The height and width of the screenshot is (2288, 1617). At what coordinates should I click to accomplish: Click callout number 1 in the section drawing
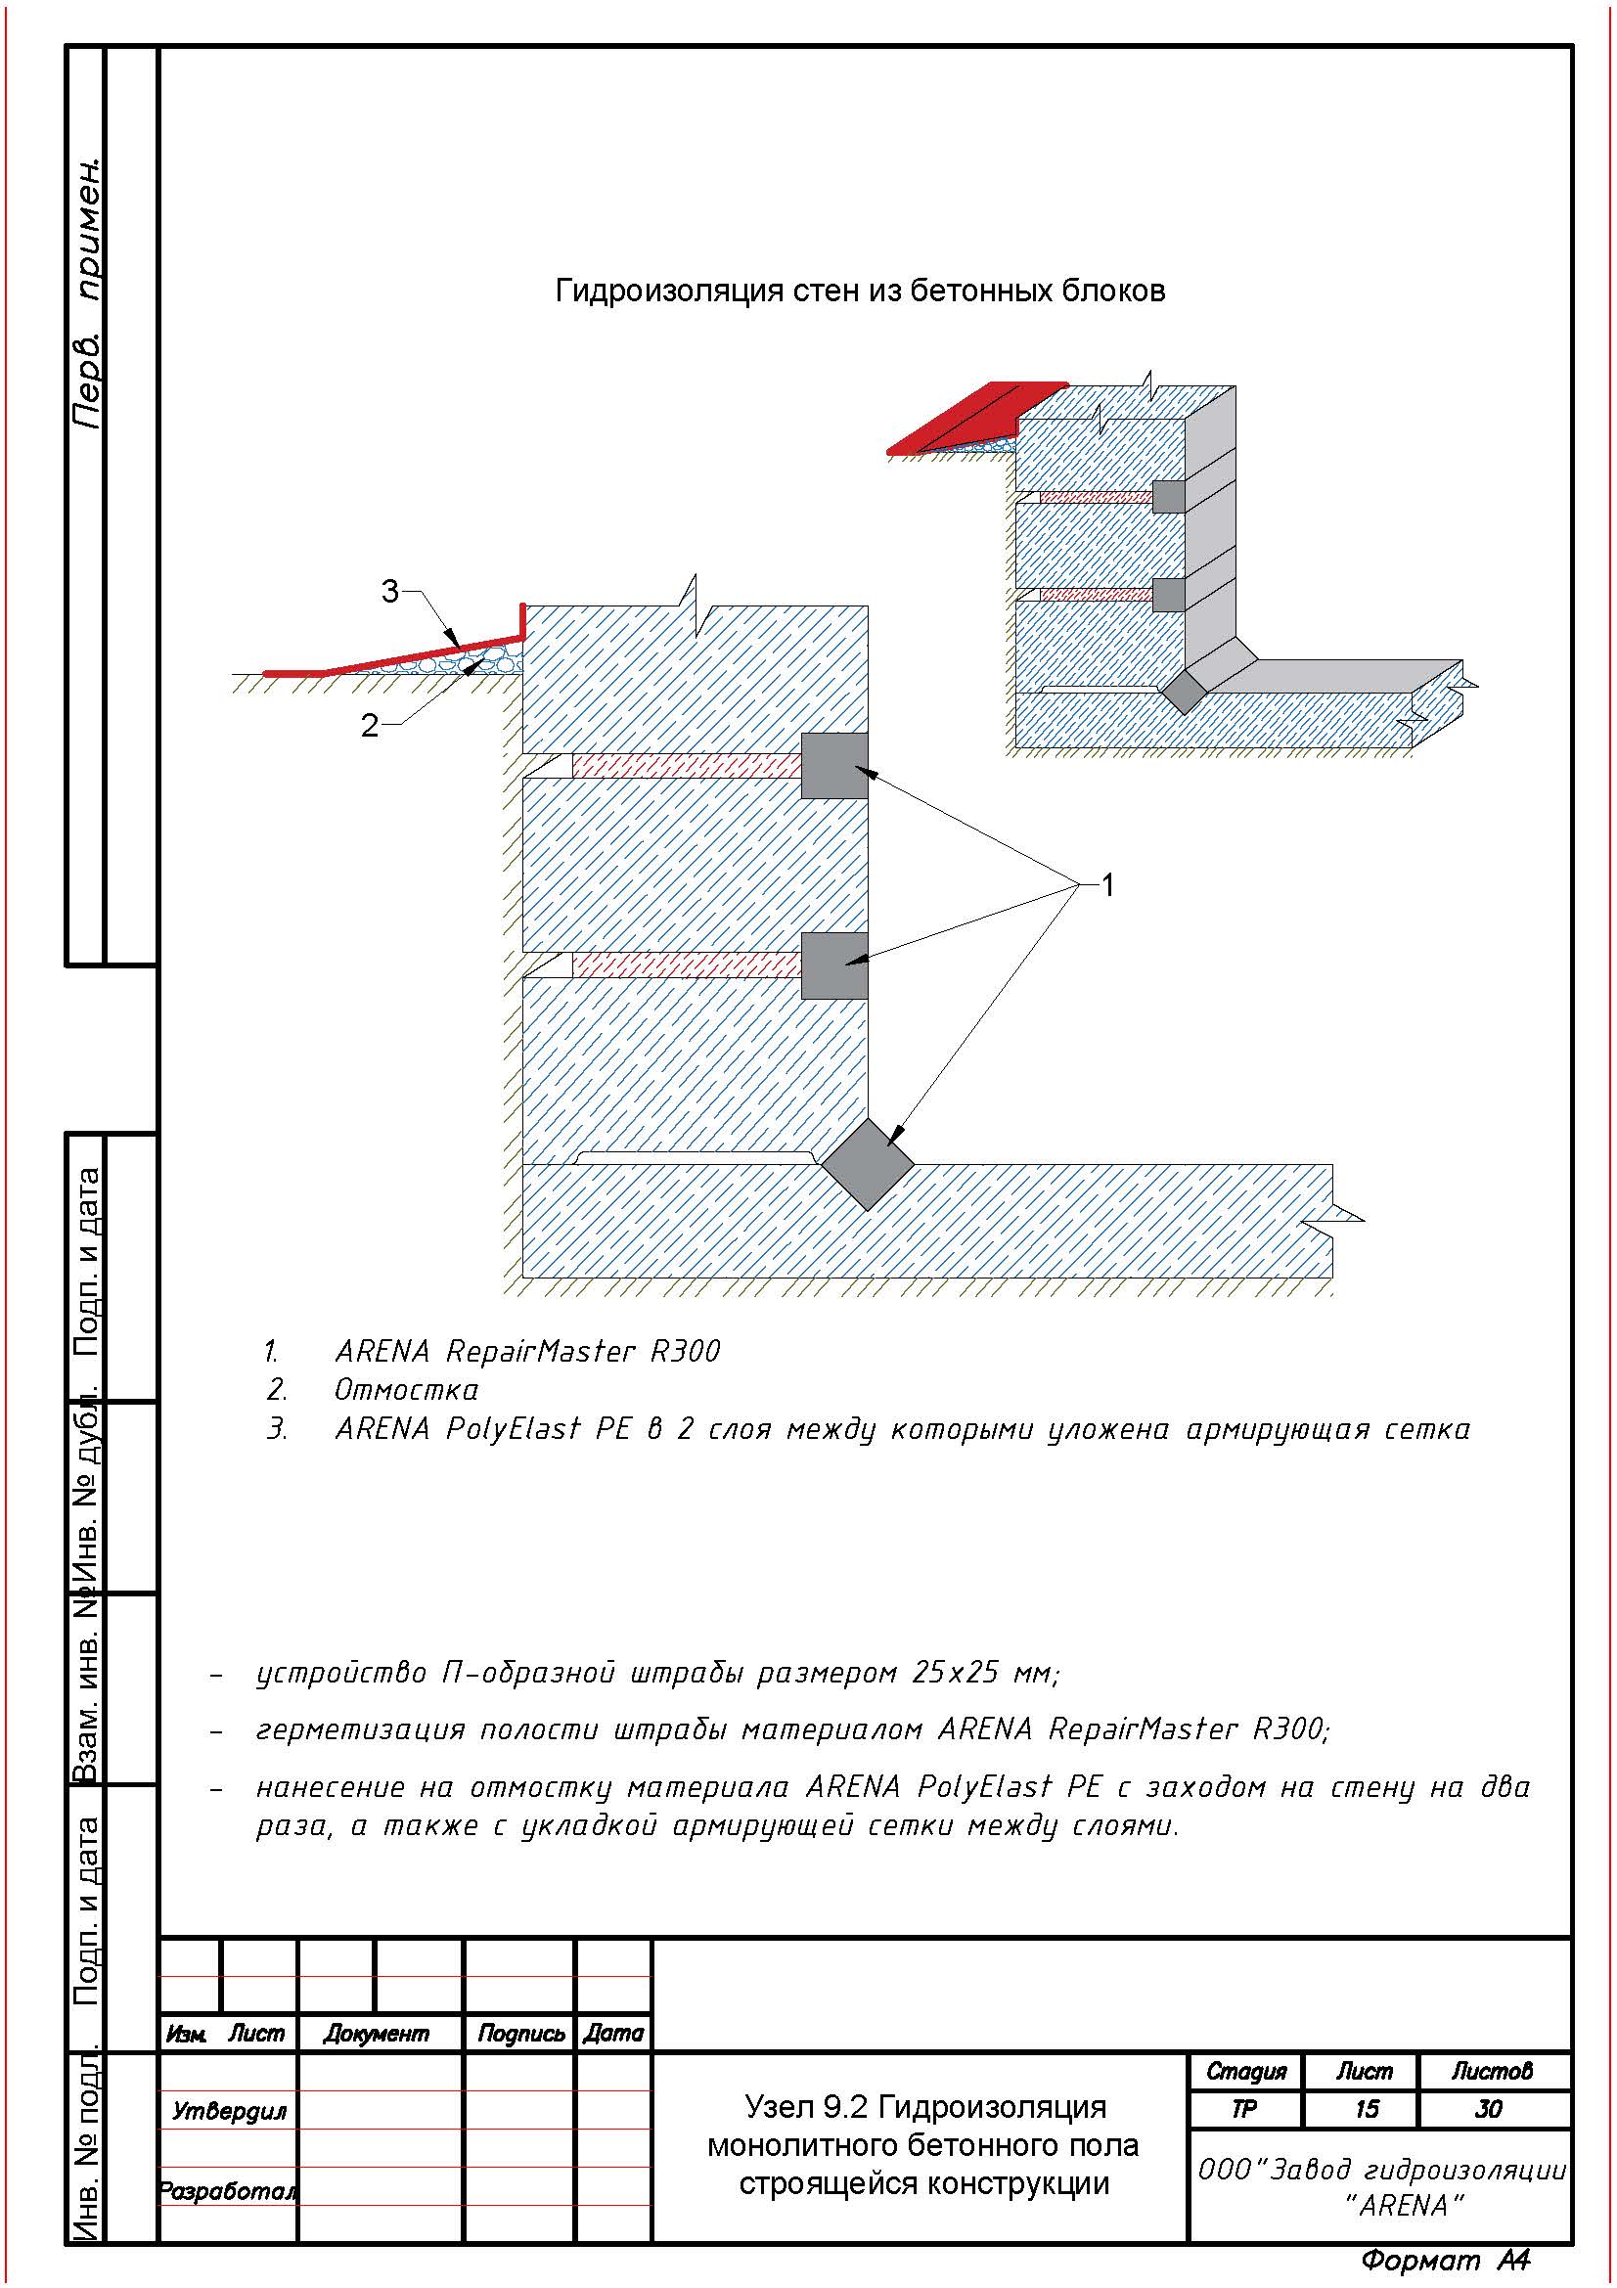pos(1106,885)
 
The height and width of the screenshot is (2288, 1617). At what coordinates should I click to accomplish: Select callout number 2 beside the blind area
pos(370,726)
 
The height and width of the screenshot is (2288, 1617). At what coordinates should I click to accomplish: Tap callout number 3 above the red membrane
pos(389,592)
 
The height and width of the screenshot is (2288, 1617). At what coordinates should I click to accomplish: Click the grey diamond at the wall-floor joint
pos(868,1164)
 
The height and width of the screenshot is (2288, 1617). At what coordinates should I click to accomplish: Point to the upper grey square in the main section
pos(834,765)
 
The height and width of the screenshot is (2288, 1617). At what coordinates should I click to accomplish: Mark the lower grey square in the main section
pos(834,965)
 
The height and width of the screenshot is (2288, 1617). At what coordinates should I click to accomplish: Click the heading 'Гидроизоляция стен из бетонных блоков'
pos(860,291)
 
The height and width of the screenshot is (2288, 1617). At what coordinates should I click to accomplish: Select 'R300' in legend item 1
pos(685,1351)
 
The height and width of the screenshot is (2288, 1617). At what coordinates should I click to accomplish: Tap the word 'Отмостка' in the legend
pos(406,1390)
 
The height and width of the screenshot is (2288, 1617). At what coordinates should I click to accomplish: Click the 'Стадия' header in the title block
pos(1245,2072)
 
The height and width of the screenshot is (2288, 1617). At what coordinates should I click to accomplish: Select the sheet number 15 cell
pos(1365,2110)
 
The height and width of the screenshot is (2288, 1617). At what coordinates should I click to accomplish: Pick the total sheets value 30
pos(1489,2110)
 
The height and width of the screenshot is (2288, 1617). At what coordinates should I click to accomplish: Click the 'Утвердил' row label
pos(229,2111)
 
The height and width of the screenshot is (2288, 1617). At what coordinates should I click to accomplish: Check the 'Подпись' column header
pos(520,2034)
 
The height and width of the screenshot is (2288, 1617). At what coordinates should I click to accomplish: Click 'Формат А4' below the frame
pos(1445,2260)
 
